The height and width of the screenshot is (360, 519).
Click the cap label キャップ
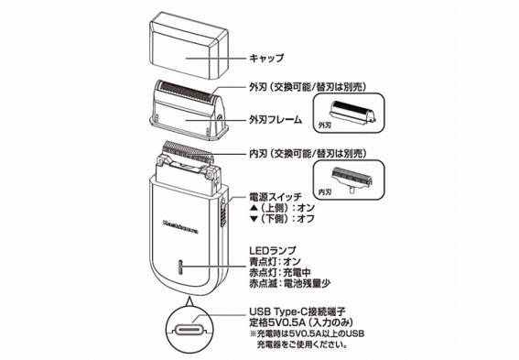(266, 58)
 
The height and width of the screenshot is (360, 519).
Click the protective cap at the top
(189, 46)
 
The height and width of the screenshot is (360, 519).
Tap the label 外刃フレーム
(276, 119)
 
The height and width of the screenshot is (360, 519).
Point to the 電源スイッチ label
(276, 197)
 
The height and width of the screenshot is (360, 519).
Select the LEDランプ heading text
(273, 251)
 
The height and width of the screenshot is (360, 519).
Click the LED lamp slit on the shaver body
(180, 267)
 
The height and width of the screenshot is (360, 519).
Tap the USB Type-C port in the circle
(189, 330)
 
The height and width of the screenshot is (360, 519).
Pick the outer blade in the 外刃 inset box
(353, 113)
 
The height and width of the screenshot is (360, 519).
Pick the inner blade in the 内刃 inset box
(352, 179)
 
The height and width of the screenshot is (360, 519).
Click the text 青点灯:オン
(275, 262)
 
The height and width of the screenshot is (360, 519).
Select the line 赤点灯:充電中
(280, 273)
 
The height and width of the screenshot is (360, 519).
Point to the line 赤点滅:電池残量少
(289, 283)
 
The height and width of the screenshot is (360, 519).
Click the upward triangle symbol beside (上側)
(254, 208)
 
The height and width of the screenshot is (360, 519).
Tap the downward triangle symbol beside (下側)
(254, 219)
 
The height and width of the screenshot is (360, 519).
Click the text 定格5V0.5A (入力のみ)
(301, 322)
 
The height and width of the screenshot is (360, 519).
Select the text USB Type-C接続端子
(297, 311)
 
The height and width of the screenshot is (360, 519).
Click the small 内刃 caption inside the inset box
(324, 191)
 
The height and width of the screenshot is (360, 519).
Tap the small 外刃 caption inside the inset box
(324, 125)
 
